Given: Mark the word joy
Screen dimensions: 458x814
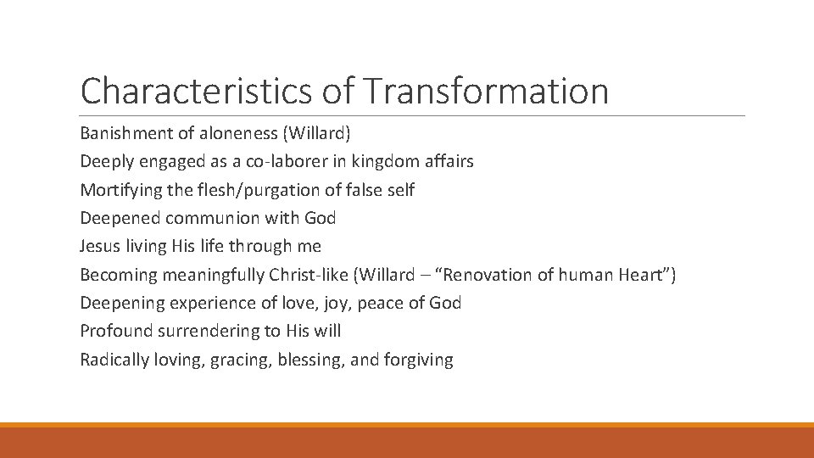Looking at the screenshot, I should point(348,303).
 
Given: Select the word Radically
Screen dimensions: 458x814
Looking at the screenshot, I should point(114,360).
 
